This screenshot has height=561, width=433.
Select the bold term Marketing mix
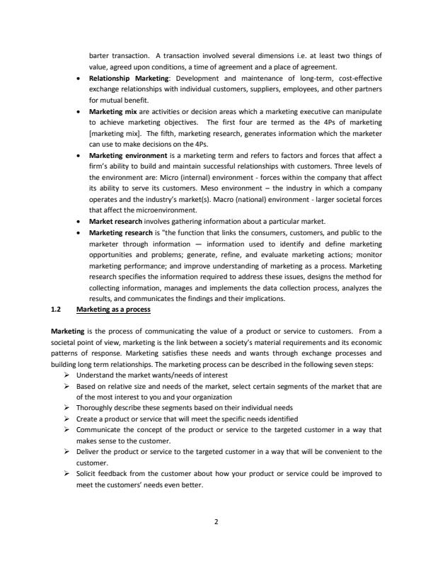(x=110, y=111)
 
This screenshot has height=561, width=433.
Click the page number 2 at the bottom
(x=216, y=521)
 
